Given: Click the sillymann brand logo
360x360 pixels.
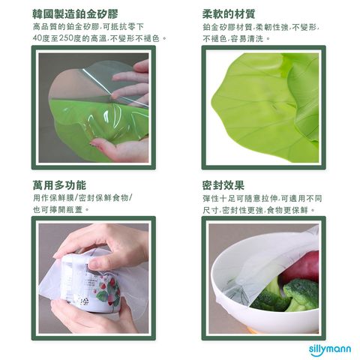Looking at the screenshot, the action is (x=330, y=349).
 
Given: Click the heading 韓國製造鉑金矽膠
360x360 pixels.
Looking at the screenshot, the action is (x=75, y=14).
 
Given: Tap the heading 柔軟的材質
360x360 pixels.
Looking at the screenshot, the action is (x=229, y=14).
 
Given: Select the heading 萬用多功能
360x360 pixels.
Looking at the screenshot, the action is (x=59, y=185).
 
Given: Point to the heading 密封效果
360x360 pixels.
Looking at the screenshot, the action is (x=223, y=185).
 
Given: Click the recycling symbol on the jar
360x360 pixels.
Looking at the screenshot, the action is (x=84, y=301).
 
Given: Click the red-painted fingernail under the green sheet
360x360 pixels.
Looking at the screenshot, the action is (x=94, y=143).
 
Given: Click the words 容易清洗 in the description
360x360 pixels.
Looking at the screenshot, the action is (x=247, y=39).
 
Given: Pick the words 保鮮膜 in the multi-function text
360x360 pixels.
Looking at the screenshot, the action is (x=62, y=198).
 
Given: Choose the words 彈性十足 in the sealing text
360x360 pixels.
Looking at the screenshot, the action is (x=219, y=199).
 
